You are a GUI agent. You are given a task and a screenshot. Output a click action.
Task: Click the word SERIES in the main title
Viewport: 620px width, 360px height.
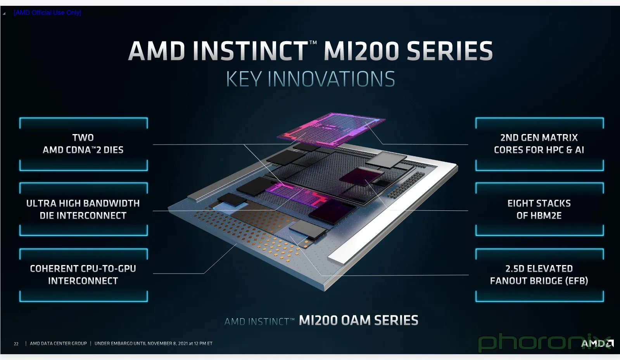pos(449,51)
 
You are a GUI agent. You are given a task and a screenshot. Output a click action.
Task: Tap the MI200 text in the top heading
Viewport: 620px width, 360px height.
pos(361,51)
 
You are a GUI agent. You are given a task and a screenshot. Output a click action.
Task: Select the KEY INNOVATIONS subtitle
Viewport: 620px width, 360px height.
pos(311,79)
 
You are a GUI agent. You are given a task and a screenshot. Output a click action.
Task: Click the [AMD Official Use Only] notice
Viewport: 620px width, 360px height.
pos(47,12)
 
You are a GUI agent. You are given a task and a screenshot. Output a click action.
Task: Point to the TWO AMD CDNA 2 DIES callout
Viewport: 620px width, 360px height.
pos(83,144)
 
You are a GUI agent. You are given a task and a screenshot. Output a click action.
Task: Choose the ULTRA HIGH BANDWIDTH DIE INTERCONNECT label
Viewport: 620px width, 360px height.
pos(83,210)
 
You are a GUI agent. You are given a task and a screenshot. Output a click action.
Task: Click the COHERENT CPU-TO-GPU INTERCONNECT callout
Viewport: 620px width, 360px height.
pos(83,274)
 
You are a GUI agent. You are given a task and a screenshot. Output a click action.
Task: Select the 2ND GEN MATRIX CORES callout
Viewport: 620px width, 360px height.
pos(539,144)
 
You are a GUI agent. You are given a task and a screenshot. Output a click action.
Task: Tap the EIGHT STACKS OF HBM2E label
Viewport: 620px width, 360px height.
pos(539,210)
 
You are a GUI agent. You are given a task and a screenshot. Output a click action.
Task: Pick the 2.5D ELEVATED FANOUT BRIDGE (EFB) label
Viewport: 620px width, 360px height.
pos(539,274)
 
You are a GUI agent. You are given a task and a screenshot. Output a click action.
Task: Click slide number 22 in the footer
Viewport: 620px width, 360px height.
pos(16,344)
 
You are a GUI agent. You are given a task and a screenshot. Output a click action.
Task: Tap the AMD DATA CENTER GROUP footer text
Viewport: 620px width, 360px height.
pos(59,343)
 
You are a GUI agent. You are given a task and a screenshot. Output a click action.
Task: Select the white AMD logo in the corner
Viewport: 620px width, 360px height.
pos(597,343)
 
